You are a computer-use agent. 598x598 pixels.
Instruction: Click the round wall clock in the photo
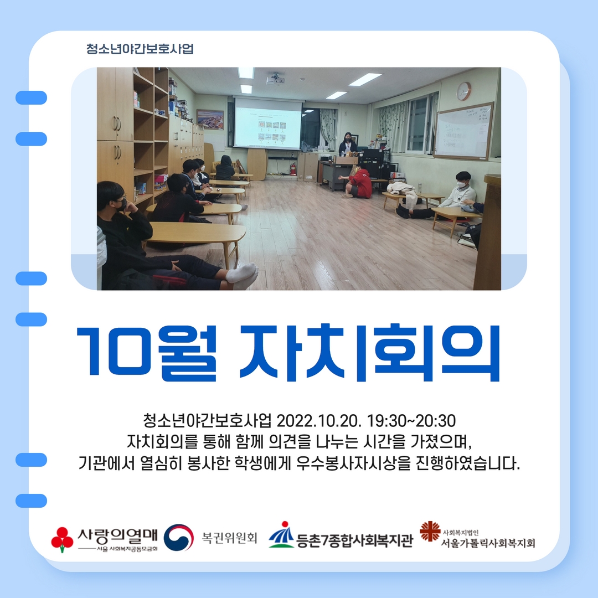pyautogui.click(x=464, y=91)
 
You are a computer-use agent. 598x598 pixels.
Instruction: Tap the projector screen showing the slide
pyautogui.click(x=267, y=123)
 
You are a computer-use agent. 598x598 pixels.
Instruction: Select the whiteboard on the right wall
pyautogui.click(x=464, y=131)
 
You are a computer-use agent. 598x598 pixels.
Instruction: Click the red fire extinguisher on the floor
pyautogui.click(x=293, y=169)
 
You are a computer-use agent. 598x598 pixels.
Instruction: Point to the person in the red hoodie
pyautogui.click(x=358, y=182)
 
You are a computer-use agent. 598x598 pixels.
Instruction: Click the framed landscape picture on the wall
pyautogui.click(x=210, y=120)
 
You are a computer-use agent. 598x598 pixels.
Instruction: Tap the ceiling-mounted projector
pyautogui.click(x=275, y=78)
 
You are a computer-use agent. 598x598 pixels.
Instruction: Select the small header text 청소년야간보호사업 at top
pyautogui.click(x=140, y=49)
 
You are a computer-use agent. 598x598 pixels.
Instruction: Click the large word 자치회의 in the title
pyautogui.click(x=369, y=353)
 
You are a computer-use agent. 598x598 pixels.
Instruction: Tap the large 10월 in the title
pyautogui.click(x=147, y=353)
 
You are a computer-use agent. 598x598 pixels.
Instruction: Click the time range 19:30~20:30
pyautogui.click(x=411, y=421)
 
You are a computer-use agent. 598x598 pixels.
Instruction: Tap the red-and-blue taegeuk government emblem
pyautogui.click(x=178, y=537)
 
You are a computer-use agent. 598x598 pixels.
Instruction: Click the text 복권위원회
pyautogui.click(x=230, y=538)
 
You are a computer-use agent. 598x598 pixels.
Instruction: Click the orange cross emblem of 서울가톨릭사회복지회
pyautogui.click(x=430, y=531)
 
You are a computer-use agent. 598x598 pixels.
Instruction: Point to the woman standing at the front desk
pyautogui.click(x=348, y=144)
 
